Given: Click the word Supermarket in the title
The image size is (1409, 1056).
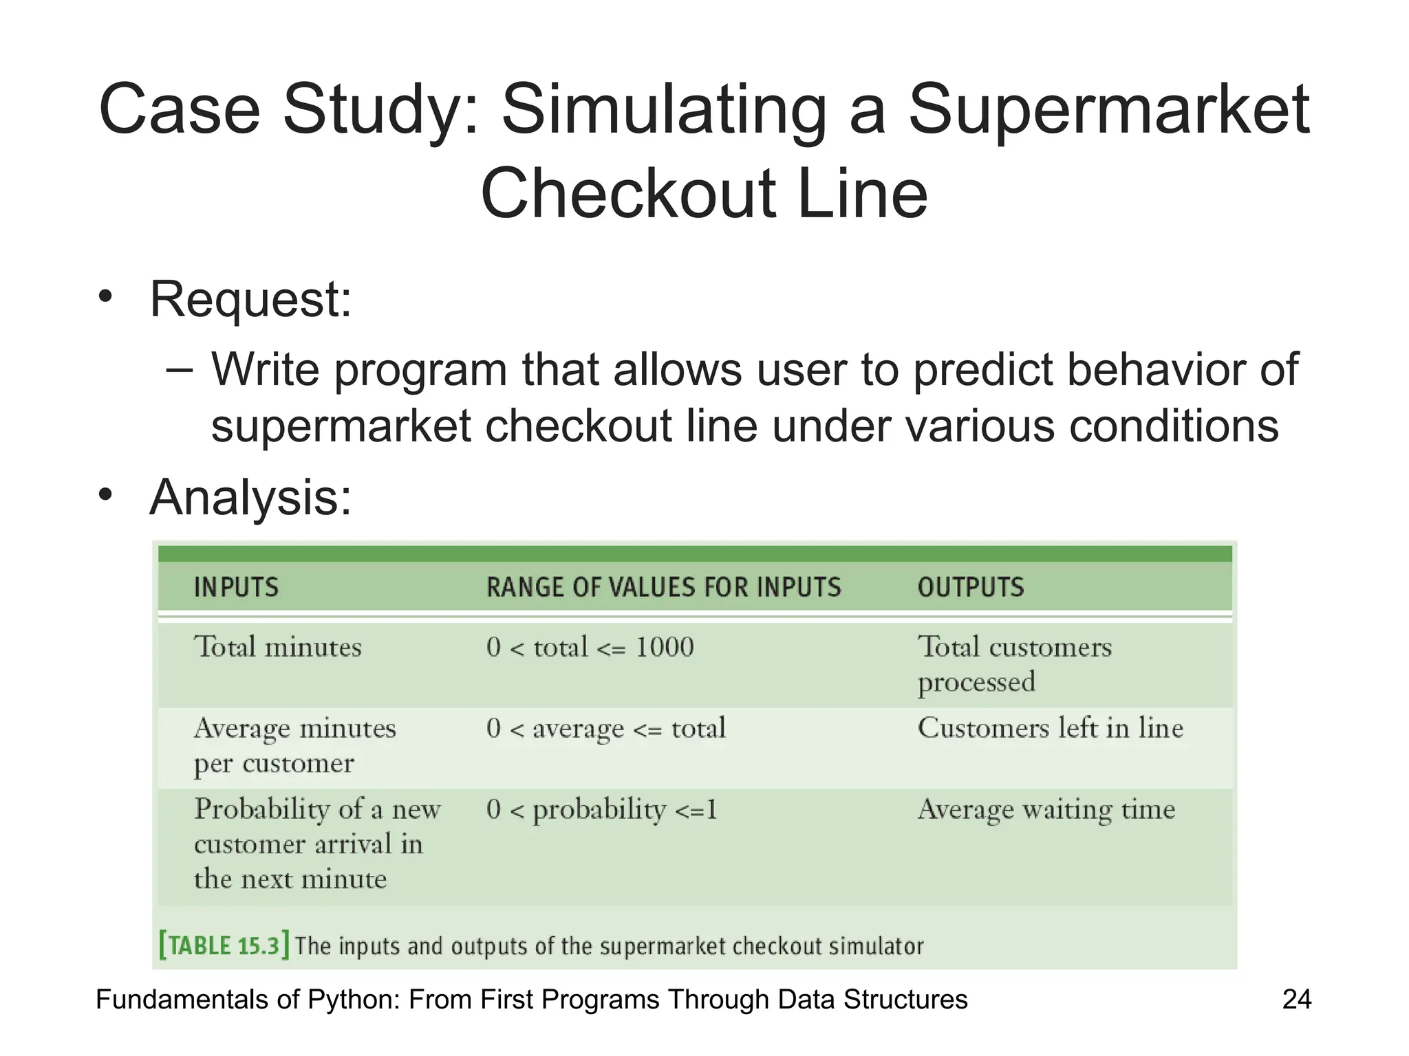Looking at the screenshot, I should [1109, 110].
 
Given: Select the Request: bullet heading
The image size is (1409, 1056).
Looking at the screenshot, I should [250, 300].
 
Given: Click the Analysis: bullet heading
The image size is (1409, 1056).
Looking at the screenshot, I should [250, 497].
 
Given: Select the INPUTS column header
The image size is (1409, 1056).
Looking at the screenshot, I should [236, 588].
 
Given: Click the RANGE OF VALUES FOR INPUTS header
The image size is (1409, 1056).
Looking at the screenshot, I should [663, 588].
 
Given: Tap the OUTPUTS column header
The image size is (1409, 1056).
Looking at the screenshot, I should [971, 588].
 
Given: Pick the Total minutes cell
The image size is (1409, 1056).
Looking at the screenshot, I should [277, 648].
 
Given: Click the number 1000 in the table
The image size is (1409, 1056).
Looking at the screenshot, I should [665, 648].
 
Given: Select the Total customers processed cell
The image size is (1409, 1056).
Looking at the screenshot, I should [1013, 664].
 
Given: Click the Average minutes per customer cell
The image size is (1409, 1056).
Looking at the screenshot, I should [294, 745].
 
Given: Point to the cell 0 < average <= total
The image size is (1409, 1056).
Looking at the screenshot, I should [605, 729].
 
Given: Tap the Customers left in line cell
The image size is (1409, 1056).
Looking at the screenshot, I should [1050, 728].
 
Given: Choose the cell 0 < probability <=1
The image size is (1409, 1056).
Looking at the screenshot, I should [601, 810].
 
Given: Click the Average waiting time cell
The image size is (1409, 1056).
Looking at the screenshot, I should [1046, 810].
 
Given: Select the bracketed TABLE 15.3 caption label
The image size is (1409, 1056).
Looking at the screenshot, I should [224, 945].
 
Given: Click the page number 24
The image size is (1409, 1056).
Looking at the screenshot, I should [1296, 1000].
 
